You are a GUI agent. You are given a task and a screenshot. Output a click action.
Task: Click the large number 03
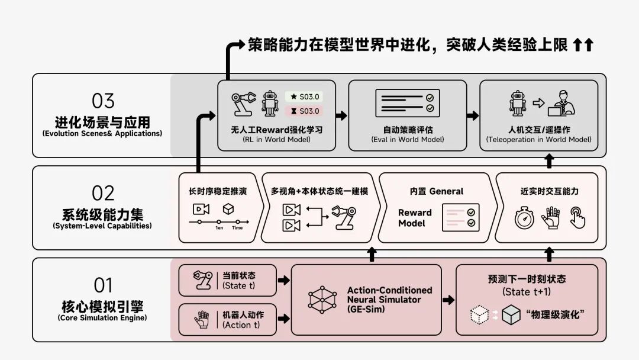click(103, 101)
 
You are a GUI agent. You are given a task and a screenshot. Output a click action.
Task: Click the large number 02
click(103, 193)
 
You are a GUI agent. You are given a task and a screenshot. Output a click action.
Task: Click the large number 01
click(103, 285)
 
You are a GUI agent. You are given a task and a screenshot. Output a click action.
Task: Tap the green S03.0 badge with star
click(304, 97)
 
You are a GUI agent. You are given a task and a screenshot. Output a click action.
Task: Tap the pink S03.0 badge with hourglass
click(304, 111)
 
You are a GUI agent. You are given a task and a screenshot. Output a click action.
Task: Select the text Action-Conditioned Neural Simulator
click(389, 295)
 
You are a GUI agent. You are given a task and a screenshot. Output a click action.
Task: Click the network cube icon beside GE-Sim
click(322, 300)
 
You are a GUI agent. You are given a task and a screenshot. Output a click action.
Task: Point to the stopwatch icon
click(524, 218)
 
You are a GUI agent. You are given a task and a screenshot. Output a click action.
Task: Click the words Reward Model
click(415, 218)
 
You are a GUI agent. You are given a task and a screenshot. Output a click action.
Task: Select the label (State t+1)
click(527, 292)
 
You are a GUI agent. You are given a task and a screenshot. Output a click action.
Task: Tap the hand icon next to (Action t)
click(202, 320)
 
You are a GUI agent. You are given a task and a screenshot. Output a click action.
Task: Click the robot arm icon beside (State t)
click(203, 280)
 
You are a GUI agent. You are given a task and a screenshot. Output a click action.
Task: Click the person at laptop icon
click(561, 103)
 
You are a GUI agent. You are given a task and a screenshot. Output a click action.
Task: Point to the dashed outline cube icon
click(479, 315)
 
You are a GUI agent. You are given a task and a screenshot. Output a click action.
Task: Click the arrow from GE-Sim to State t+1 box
click(448, 300)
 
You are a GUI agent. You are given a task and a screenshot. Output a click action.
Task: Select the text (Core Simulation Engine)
click(102, 318)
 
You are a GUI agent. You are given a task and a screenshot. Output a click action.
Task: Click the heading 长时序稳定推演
click(218, 191)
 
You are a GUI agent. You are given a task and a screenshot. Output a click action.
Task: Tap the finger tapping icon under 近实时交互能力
click(577, 217)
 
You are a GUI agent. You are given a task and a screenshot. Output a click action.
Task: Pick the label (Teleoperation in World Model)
click(538, 140)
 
